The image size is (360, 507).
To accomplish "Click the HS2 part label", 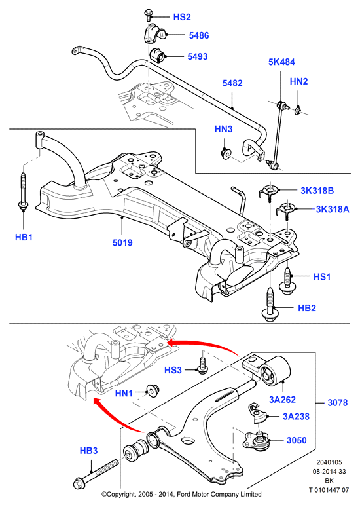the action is coord(182,17).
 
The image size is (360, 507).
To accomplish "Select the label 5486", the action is coord(199,35).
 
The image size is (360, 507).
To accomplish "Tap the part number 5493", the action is coord(198,56).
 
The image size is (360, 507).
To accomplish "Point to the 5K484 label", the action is coord(281,62).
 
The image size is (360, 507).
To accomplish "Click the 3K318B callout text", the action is coord(317,191).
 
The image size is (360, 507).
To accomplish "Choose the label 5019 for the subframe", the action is coord(122,242).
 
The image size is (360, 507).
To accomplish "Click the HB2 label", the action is coord(307,308).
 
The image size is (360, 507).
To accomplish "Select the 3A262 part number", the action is coord(283,400).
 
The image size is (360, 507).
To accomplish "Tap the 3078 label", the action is coord(338,403).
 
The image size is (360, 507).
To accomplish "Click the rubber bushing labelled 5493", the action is coord(157,54).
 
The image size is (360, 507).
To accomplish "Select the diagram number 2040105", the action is coord(329,462).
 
